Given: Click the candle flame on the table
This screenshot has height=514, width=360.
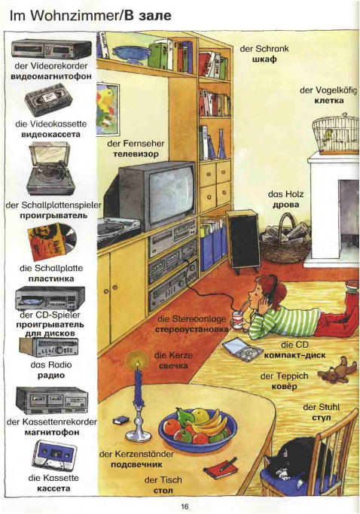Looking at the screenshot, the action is pos(138,363).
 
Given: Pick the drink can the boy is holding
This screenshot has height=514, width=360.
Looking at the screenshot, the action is pos(237,321).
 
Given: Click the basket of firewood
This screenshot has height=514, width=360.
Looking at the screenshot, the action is pos(285,239).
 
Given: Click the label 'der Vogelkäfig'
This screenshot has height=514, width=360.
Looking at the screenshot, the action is pos(328,90).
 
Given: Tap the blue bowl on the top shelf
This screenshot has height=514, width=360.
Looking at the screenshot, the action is pos(130,53).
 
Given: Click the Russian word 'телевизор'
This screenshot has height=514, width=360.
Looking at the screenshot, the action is pos(136,154).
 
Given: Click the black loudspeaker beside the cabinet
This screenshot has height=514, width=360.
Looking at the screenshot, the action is pos(243,241).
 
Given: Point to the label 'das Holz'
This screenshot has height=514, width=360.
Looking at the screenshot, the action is pos(285,194).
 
